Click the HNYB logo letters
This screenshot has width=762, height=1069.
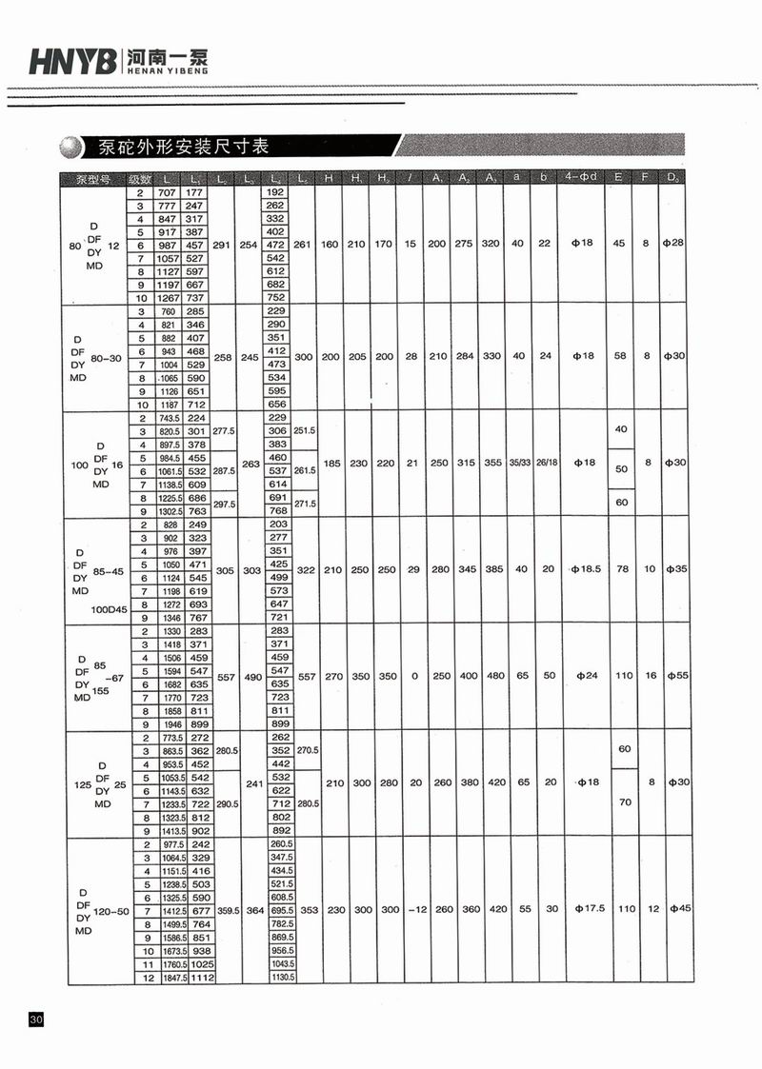[72, 63]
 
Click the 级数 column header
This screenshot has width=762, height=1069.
[140, 179]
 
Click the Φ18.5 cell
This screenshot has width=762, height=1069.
[583, 569]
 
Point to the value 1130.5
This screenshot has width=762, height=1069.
[277, 978]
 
